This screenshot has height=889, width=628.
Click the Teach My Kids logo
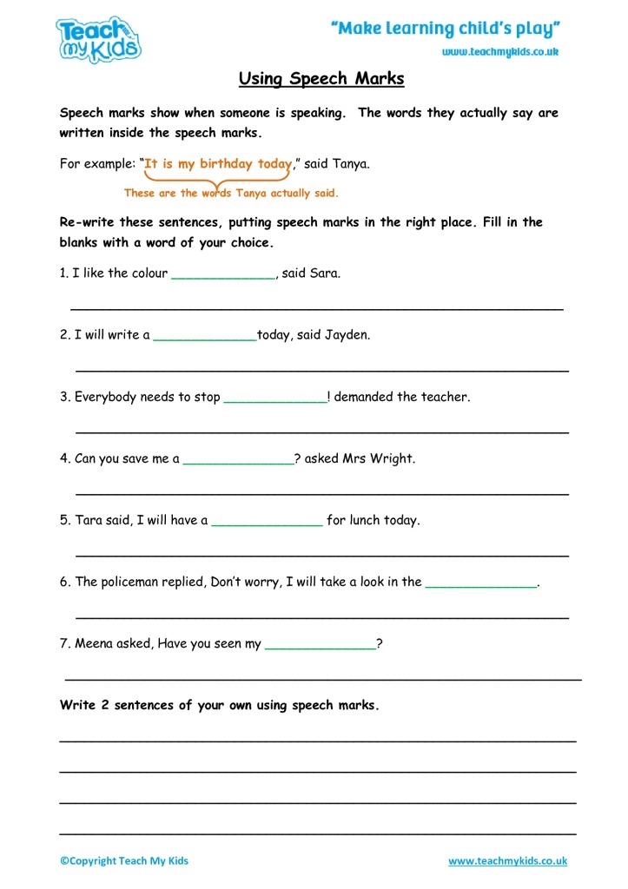pyautogui.click(x=98, y=40)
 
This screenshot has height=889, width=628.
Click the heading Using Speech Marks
pyautogui.click(x=321, y=79)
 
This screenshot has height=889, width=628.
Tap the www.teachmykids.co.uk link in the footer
pyautogui.click(x=507, y=860)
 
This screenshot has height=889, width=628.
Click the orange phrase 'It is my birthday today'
pyautogui.click(x=217, y=163)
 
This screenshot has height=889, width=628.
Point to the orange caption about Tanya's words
pyautogui.click(x=231, y=193)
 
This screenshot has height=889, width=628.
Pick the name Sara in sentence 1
pyautogui.click(x=325, y=273)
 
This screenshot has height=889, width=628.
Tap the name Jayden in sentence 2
pyautogui.click(x=347, y=334)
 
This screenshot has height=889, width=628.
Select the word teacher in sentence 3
pyautogui.click(x=445, y=397)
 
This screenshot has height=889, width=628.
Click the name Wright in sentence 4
pyautogui.click(x=393, y=458)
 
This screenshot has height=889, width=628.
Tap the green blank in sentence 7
pyautogui.click(x=320, y=647)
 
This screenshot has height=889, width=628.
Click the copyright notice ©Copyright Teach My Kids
pyautogui.click(x=124, y=860)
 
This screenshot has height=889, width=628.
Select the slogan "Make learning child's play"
pyautogui.click(x=445, y=29)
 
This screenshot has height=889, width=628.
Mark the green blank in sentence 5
pyautogui.click(x=267, y=524)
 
